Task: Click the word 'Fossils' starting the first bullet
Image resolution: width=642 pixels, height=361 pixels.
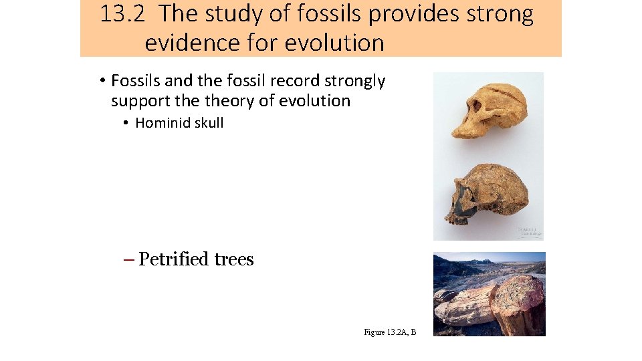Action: pyautogui.click(x=136, y=81)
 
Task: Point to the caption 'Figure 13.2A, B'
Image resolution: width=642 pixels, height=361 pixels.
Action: pyautogui.click(x=390, y=332)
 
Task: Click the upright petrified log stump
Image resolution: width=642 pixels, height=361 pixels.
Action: pyautogui.click(x=515, y=308)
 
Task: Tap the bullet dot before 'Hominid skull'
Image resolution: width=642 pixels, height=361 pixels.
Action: pyautogui.click(x=125, y=123)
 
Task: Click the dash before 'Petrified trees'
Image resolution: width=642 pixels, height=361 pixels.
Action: pyautogui.click(x=129, y=259)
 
